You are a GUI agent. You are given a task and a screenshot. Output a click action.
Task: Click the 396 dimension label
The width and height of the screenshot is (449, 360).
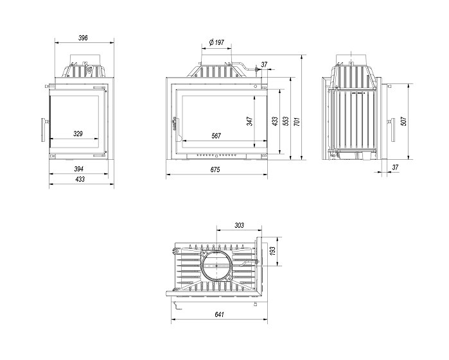coord(83,38)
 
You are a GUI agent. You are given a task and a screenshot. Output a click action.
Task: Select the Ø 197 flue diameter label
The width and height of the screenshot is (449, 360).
coord(216,42)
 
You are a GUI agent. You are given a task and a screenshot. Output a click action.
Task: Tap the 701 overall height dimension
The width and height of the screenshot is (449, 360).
coord(297,121)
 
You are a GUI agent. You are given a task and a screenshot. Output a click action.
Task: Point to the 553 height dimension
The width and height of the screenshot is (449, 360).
coord(286,121)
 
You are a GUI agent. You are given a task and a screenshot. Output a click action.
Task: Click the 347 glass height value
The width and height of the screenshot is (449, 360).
coord(250,121)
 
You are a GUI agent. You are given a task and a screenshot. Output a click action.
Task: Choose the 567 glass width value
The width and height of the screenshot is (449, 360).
coord(216,135)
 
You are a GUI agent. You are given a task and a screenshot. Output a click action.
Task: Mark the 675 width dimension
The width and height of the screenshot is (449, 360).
coord(215,169)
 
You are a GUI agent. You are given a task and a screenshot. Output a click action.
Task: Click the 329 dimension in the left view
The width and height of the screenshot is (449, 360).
coord(78,133)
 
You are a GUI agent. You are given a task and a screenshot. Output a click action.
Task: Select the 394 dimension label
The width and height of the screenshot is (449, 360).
coord(79,169)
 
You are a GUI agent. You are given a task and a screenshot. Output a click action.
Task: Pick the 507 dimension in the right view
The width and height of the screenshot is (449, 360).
coord(403,121)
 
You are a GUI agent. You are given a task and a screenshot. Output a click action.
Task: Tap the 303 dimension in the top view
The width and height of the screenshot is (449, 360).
coord(239,225)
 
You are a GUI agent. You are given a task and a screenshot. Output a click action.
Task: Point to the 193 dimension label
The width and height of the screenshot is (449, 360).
coord(272,252)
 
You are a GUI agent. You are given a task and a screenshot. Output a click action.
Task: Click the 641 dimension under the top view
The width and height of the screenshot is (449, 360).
coord(219,314)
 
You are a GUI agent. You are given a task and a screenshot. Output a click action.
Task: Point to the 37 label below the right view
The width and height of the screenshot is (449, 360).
coord(395,167)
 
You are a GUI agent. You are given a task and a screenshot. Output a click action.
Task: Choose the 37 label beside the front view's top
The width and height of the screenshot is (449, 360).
coord(264,65)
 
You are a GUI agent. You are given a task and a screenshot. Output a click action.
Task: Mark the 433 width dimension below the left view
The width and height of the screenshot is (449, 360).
coord(80,179)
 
